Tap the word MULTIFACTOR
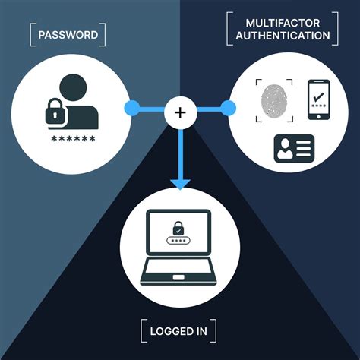[x=282, y=21]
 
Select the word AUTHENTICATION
[x=282, y=36]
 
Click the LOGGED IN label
[x=179, y=331]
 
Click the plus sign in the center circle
[x=180, y=113]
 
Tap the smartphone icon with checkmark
[x=318, y=100]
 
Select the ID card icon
[x=294, y=148]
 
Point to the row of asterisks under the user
[x=74, y=140]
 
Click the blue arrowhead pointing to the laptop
[x=180, y=183]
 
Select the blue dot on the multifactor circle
[x=225, y=106]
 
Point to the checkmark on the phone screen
[x=318, y=97]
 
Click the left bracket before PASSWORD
[x=32, y=34]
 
